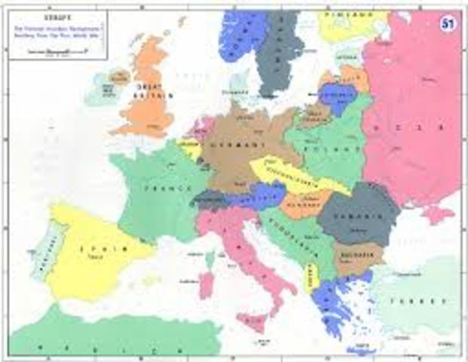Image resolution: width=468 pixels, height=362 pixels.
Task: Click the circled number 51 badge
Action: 446,24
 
